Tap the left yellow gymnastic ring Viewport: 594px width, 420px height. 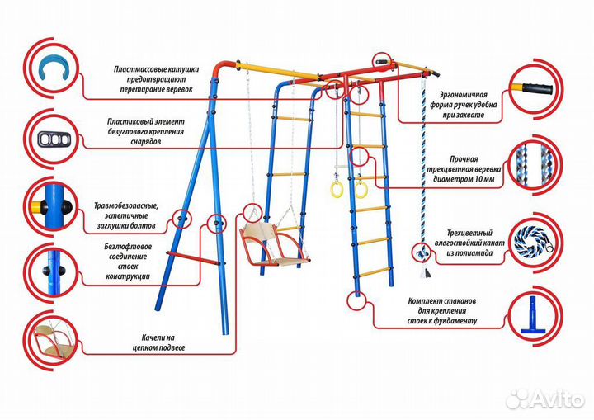[x=337, y=191]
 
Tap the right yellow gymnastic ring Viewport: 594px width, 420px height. [x=361, y=191]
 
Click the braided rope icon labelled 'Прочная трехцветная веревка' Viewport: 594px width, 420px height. [x=536, y=163]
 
